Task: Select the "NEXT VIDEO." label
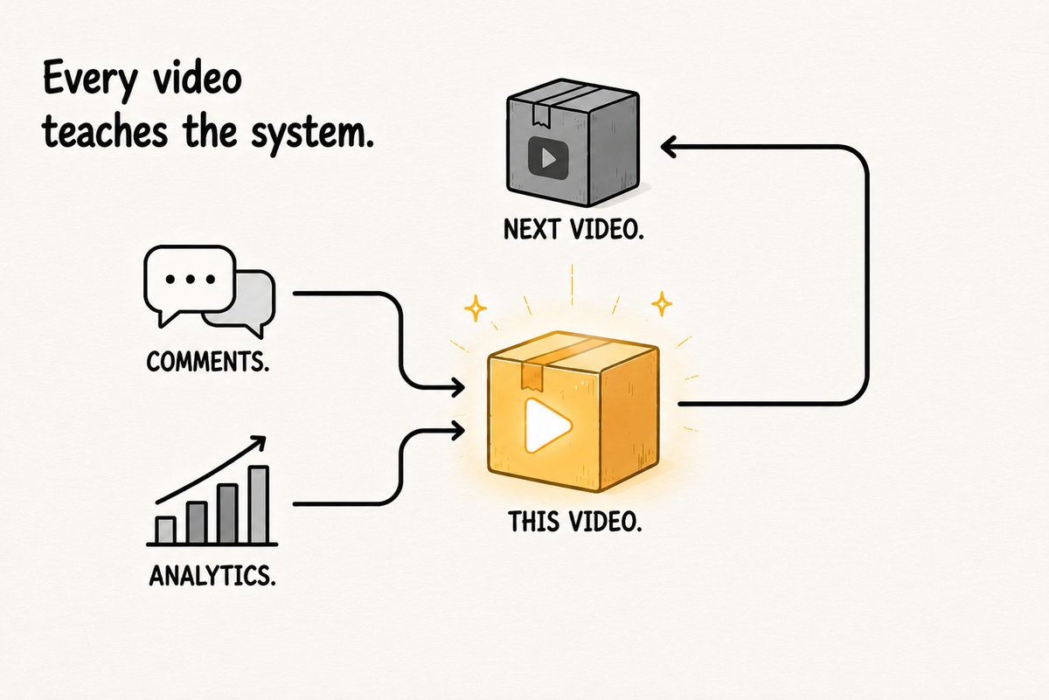pos(573,230)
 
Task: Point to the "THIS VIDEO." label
pos(574,521)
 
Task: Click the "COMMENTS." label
pos(208,362)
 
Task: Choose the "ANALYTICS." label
pos(212,575)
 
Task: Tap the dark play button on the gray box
pos(548,157)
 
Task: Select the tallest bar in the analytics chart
pos(259,505)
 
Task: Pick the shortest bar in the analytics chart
pos(165,530)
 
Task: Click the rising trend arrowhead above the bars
pos(259,443)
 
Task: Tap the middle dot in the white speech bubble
pos(191,280)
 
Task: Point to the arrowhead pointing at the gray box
pos(669,147)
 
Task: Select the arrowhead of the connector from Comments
pos(456,387)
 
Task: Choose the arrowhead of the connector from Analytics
pos(456,430)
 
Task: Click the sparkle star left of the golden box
pos(476,308)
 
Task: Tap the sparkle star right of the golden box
pos(663,304)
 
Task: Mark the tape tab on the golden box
pos(532,376)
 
